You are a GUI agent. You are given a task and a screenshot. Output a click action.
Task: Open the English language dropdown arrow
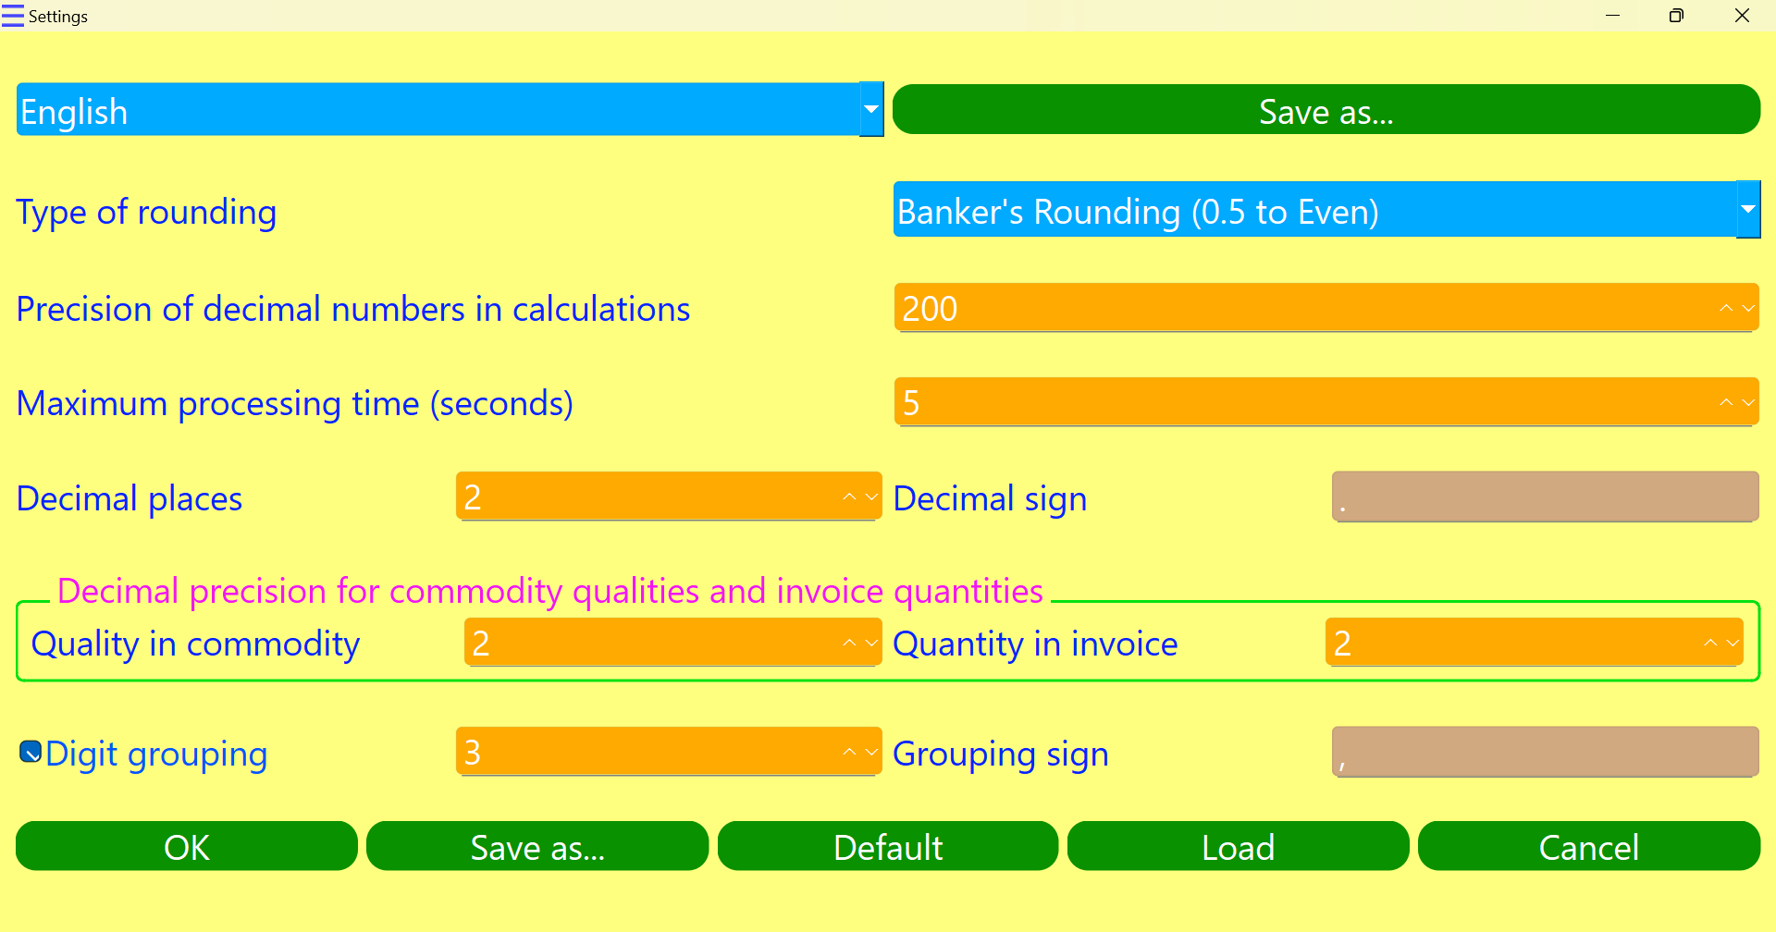pos(870,109)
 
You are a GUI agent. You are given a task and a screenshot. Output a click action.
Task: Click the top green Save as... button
pos(1326,110)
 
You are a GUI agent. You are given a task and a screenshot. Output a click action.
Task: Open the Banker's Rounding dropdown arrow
pos(1747,210)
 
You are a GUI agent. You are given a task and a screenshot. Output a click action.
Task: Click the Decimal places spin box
pos(647,497)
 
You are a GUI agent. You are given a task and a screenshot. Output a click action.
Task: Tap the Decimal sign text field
pos(1545,497)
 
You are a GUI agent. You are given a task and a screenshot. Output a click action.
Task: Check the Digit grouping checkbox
pos(31,753)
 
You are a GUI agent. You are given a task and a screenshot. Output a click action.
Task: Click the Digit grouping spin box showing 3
pos(647,752)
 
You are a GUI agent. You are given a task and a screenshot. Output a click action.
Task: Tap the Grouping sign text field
pos(1545,752)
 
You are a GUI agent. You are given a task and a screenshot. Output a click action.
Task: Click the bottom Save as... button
pos(537,846)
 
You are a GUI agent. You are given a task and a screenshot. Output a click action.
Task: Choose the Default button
pos(888,846)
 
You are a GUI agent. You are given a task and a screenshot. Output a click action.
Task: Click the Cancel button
pos(1588,846)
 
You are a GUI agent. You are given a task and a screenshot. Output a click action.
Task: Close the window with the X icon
pos(1742,16)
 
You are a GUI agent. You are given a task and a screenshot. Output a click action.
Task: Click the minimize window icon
pos(1612,16)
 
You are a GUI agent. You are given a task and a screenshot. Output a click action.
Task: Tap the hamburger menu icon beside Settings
pos(13,16)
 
